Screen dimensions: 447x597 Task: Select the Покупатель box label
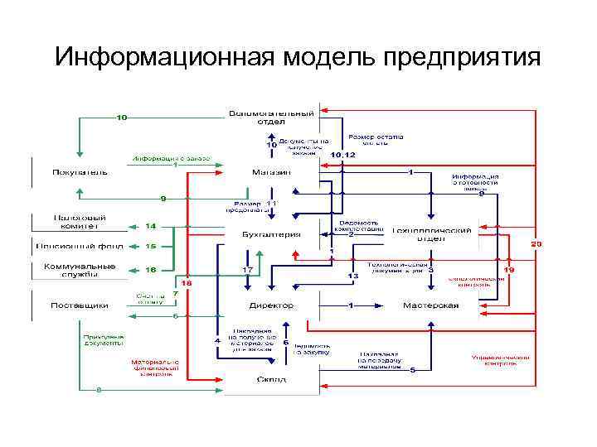click(80, 172)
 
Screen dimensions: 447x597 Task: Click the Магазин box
click(271, 172)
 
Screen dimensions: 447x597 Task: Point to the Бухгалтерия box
click(270, 234)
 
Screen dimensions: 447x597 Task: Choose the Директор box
click(271, 305)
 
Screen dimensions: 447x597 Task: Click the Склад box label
click(271, 379)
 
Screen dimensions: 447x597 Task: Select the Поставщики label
click(80, 305)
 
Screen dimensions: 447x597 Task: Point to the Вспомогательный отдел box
click(271, 116)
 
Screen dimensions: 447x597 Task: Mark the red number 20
click(536, 244)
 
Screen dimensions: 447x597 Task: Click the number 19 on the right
click(509, 269)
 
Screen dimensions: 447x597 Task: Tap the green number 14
click(151, 225)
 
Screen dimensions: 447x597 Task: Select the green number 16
click(151, 269)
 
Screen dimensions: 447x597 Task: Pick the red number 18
click(187, 282)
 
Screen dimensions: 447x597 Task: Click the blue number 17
click(247, 270)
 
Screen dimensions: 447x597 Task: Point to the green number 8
click(99, 387)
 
